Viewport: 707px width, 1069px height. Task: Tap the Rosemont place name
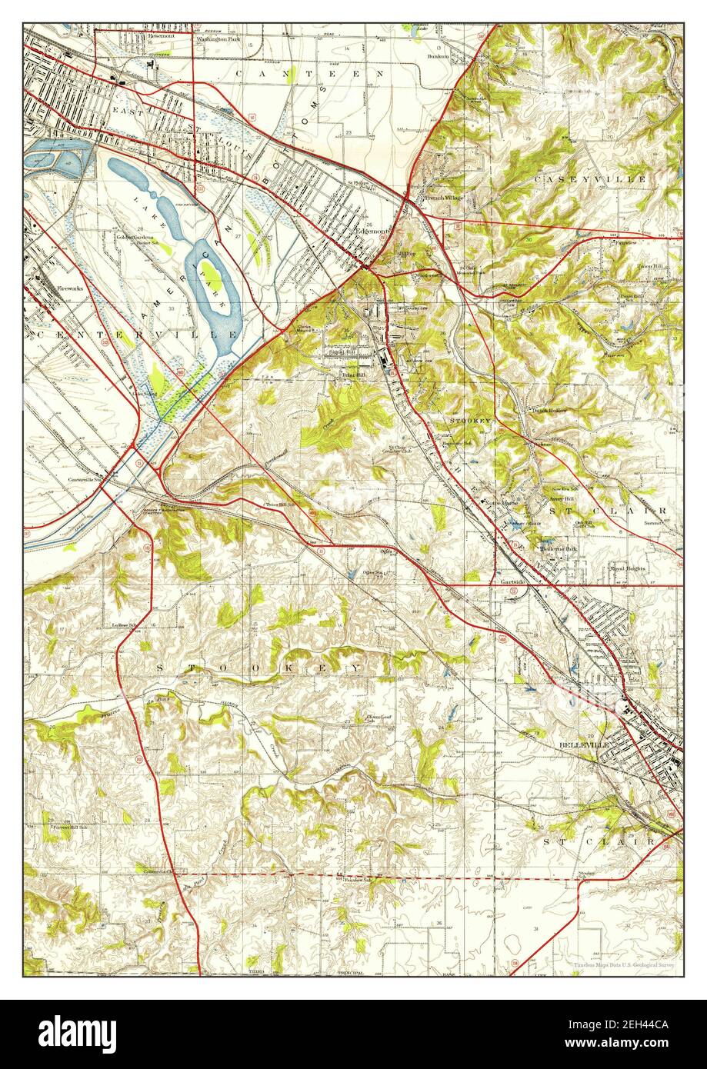pos(161,35)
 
